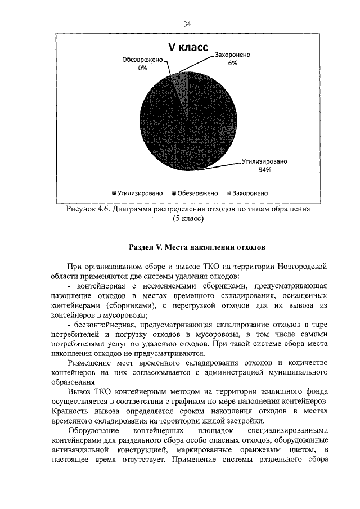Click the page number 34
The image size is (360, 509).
[x=187, y=24]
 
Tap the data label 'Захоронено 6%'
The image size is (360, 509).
[x=232, y=60]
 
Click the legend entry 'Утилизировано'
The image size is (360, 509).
[x=141, y=192]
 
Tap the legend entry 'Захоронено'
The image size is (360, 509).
[x=250, y=192]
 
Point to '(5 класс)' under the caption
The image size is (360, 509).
[x=188, y=219]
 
